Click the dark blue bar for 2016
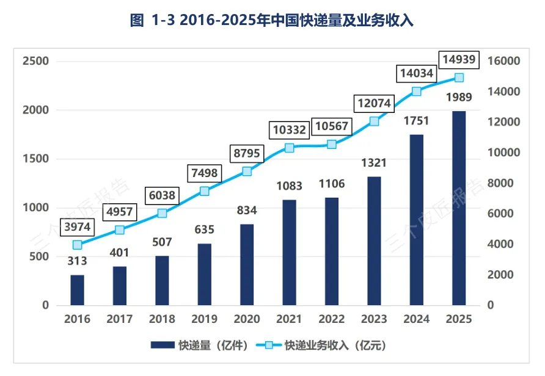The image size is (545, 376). tap(77, 291)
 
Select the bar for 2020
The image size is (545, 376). tap(247, 265)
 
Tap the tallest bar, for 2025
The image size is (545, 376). tap(459, 208)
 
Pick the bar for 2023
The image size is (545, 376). tap(374, 241)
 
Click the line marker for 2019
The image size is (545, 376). tap(204, 191)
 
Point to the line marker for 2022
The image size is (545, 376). tap(332, 145)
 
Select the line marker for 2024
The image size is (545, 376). tap(417, 92)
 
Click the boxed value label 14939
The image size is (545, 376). tap(459, 60)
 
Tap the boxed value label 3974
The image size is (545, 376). tap(77, 227)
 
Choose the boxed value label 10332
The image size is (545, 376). tap(289, 130)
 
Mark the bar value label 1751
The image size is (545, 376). tap(417, 121)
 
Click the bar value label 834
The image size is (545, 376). tap(247, 211)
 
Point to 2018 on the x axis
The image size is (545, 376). tap(162, 319)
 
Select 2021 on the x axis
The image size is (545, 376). tap(289, 319)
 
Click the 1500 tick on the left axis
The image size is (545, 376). tap(36, 159)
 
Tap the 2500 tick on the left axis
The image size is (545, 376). tap(36, 61)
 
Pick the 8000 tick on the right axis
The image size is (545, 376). tap(500, 183)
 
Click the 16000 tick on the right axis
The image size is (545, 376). tap(504, 61)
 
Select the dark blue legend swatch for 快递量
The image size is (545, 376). tap(163, 345)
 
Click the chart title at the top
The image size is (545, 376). tap(272, 20)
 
